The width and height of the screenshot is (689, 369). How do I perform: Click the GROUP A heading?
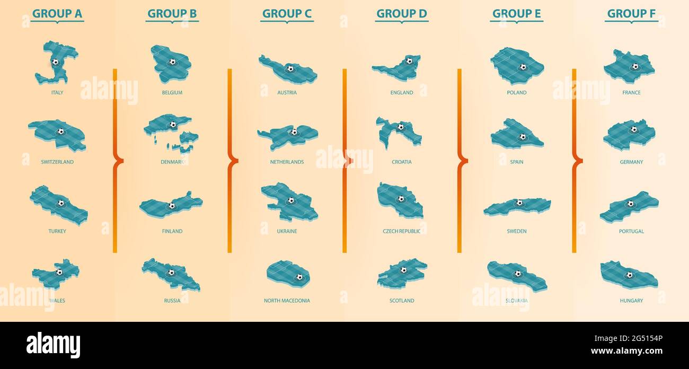(x=57, y=14)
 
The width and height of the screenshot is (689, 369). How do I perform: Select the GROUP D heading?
(x=401, y=14)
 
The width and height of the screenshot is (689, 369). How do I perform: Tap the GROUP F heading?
(x=631, y=14)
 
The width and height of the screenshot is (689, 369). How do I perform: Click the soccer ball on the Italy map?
(x=55, y=61)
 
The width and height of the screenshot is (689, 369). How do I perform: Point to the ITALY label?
(x=57, y=93)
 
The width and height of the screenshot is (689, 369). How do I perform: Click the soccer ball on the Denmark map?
(x=173, y=125)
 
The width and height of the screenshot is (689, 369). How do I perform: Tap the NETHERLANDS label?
(x=287, y=162)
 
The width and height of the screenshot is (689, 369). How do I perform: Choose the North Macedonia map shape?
(x=287, y=273)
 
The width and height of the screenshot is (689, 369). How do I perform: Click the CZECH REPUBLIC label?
(x=401, y=232)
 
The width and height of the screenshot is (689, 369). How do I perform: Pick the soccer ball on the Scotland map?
(x=403, y=270)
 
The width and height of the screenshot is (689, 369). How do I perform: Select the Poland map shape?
(x=516, y=65)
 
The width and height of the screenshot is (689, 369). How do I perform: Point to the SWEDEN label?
(x=517, y=232)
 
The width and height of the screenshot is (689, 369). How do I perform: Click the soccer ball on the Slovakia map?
(x=517, y=274)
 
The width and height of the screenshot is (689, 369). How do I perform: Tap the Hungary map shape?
(x=629, y=275)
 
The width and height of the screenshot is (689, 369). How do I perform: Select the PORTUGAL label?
(x=631, y=232)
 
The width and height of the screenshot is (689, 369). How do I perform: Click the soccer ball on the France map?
(x=635, y=67)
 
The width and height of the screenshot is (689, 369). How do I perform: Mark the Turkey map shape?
(x=58, y=205)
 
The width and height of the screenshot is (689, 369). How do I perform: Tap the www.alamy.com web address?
(x=626, y=351)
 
